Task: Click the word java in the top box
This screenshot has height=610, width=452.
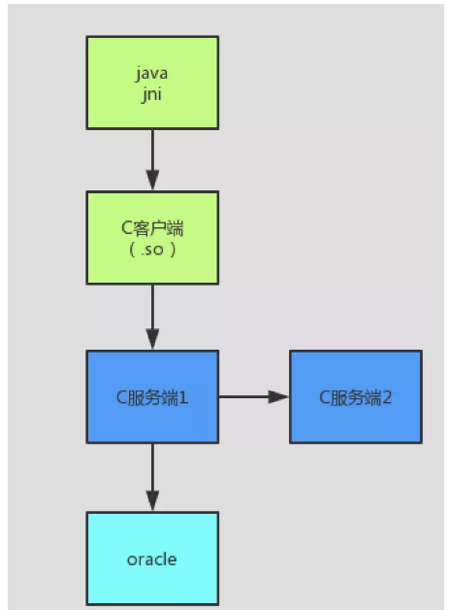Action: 151,74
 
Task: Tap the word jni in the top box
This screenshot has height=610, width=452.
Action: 151,94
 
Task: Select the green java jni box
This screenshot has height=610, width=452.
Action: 152,83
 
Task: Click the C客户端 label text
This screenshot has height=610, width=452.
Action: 152,228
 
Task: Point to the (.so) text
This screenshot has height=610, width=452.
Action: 152,250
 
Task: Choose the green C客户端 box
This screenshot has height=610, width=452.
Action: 152,238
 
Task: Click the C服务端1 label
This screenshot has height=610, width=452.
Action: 152,397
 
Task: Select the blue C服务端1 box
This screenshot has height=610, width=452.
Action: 152,397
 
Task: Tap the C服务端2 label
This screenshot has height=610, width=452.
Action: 355,397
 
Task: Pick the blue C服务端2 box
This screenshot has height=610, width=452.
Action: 356,397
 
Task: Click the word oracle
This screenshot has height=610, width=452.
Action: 152,559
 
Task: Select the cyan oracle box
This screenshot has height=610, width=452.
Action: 152,559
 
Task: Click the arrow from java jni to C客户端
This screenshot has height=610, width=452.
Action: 152,160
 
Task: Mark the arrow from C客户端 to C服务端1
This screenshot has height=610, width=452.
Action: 152,317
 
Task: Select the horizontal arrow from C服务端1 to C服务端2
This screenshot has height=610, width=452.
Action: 254,397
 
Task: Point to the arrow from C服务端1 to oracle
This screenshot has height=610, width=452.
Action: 152,478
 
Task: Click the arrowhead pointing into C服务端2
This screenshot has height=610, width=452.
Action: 278,397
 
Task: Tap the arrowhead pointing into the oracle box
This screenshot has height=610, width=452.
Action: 152,501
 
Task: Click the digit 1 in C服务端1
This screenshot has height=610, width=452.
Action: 183,397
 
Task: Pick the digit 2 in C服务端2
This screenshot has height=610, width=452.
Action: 387,397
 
